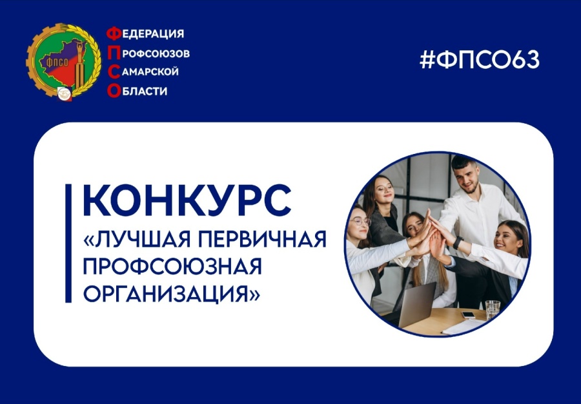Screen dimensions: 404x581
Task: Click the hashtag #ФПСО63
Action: pyautogui.click(x=479, y=60)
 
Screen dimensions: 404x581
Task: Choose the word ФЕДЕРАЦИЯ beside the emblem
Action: pyautogui.click(x=145, y=34)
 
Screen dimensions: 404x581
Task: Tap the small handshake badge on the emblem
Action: pyautogui.click(x=65, y=93)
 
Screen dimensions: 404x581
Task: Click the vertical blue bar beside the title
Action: pyautogui.click(x=68, y=242)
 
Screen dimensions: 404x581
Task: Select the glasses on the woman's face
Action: pyautogui.click(x=360, y=221)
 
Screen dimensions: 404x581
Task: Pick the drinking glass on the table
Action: pyautogui.click(x=492, y=310)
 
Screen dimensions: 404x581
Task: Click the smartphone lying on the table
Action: pyautogui.click(x=468, y=314)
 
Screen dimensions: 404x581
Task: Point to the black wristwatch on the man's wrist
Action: pyautogui.click(x=457, y=242)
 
